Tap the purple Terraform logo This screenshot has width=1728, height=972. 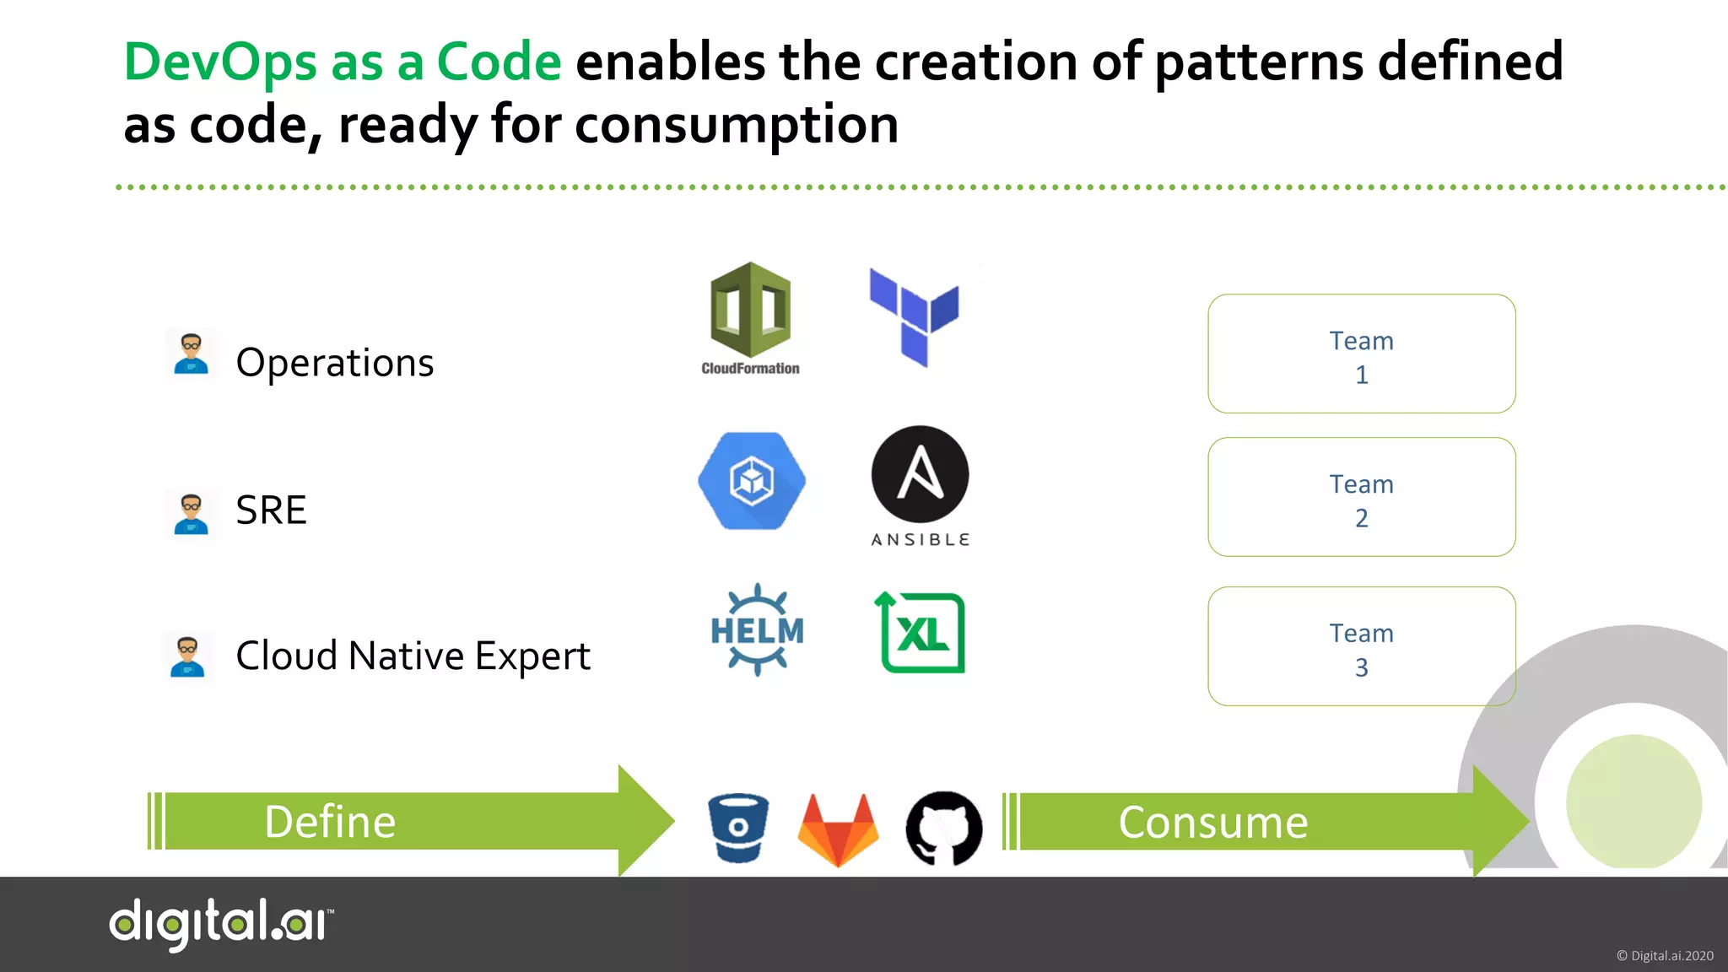(x=915, y=317)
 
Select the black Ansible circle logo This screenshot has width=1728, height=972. (x=920, y=474)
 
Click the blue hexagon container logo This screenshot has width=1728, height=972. (x=751, y=481)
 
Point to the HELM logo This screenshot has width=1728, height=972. (x=757, y=629)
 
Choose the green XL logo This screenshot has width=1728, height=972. (x=921, y=633)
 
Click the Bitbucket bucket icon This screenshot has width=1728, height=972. (x=738, y=828)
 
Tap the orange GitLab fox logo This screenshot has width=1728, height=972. (x=838, y=829)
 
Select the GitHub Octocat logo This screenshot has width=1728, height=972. (x=943, y=829)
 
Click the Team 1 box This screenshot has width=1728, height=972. (x=1361, y=354)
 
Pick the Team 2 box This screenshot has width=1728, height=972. (x=1361, y=497)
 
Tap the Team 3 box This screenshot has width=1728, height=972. (x=1361, y=646)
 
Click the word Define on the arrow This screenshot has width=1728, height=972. (x=330, y=822)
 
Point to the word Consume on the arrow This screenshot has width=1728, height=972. (x=1212, y=822)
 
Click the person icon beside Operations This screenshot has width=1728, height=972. (x=191, y=354)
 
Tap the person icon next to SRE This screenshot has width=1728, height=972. (x=191, y=514)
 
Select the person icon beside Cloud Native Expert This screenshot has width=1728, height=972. (x=187, y=656)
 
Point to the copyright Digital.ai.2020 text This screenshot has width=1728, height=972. (x=1664, y=956)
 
